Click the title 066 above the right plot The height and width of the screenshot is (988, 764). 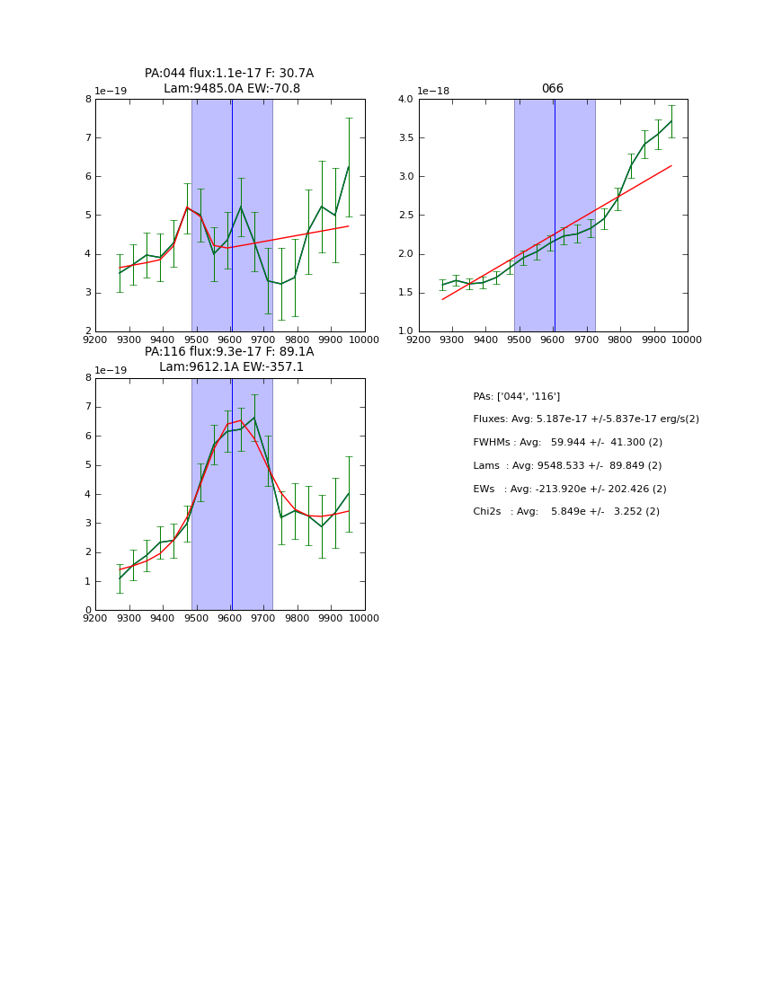[552, 89]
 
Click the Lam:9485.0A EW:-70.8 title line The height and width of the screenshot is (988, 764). [232, 89]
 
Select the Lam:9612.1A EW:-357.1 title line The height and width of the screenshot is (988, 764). [232, 367]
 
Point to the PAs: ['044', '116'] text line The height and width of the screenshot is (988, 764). [516, 397]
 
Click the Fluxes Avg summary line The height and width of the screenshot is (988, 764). [585, 419]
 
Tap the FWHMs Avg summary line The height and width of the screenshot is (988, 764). [567, 443]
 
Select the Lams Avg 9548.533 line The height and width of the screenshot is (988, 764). [567, 466]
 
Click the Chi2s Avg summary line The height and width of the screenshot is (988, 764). [565, 512]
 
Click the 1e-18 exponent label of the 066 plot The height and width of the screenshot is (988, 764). [433, 92]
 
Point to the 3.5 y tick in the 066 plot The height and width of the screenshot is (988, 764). [404, 137]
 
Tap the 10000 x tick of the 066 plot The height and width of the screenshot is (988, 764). [687, 340]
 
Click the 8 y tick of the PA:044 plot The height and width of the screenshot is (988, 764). [88, 100]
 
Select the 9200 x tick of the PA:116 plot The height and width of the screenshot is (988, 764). [95, 619]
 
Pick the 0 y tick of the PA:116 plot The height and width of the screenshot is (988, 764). [88, 611]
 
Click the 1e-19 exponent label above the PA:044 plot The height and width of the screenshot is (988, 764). [111, 92]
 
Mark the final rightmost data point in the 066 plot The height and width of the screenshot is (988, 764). [671, 120]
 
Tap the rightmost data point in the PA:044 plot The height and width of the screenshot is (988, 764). [349, 167]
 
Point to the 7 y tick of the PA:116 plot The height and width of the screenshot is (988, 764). [88, 408]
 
